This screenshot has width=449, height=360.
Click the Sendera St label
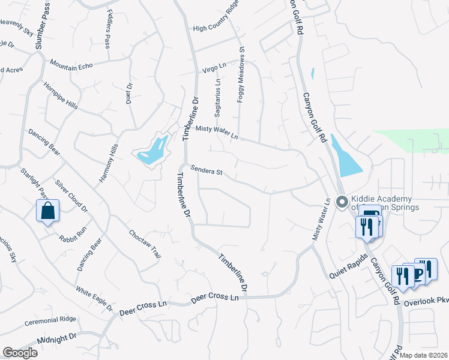tap(207, 171)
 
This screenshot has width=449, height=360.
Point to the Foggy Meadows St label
tap(241, 75)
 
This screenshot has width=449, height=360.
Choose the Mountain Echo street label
tap(71, 65)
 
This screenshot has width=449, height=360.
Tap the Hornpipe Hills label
tap(60, 94)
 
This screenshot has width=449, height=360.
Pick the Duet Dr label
tap(129, 94)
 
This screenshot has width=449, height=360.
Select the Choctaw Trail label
tap(145, 242)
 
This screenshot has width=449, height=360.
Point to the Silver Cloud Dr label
tap(71, 196)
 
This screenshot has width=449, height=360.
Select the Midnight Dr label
tap(57, 339)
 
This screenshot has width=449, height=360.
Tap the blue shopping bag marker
tap(47, 211)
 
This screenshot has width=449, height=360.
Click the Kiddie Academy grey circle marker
tap(342, 202)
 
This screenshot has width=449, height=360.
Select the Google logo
tap(19, 353)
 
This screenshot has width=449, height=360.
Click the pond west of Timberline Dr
tap(152, 151)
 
